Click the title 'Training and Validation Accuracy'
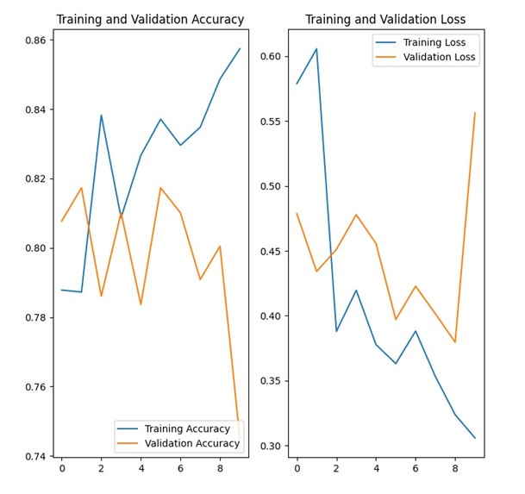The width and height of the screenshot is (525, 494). click(x=150, y=19)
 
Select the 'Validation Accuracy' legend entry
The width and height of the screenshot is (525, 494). click(x=191, y=443)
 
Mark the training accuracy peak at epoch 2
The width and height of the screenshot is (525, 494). click(x=101, y=115)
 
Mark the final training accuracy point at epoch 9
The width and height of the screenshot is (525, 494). click(x=240, y=48)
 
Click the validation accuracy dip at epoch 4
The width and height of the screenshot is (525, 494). click(x=141, y=304)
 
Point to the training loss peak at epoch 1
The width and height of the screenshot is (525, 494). click(x=316, y=48)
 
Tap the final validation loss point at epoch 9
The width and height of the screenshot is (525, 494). click(x=475, y=113)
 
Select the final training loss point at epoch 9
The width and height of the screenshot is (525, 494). click(x=475, y=438)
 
